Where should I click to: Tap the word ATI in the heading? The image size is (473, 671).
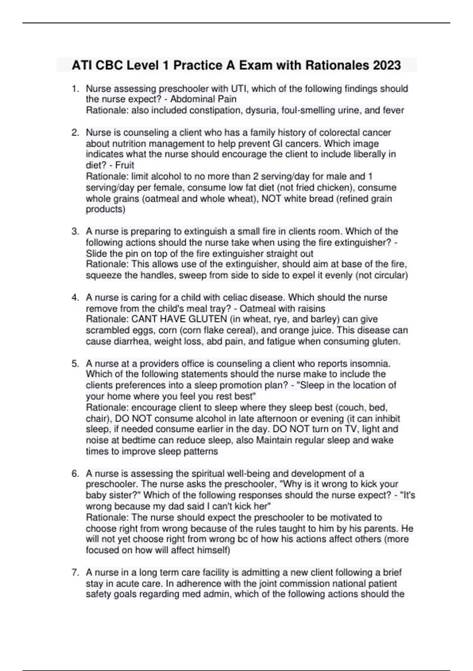click(81, 65)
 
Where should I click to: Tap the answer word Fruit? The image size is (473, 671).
click(125, 165)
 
